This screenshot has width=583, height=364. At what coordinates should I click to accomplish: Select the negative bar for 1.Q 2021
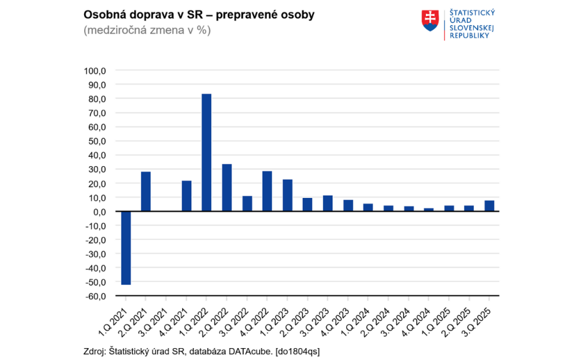click(x=125, y=247)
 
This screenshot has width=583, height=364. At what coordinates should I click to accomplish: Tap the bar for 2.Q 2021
click(x=146, y=191)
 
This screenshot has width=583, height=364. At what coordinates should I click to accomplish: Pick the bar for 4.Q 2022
click(x=267, y=191)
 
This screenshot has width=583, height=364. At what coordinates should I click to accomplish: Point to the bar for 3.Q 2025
click(x=489, y=206)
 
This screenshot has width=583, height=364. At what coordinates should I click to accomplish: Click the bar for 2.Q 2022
click(x=227, y=188)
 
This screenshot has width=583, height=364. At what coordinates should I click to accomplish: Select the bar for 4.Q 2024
click(x=429, y=210)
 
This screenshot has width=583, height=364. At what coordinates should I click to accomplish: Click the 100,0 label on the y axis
click(x=95, y=71)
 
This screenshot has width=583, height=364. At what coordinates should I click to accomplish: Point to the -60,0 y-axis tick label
click(x=95, y=296)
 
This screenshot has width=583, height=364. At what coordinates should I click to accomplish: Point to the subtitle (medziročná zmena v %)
click(x=147, y=30)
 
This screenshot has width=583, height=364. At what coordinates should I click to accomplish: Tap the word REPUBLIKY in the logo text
click(x=470, y=35)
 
